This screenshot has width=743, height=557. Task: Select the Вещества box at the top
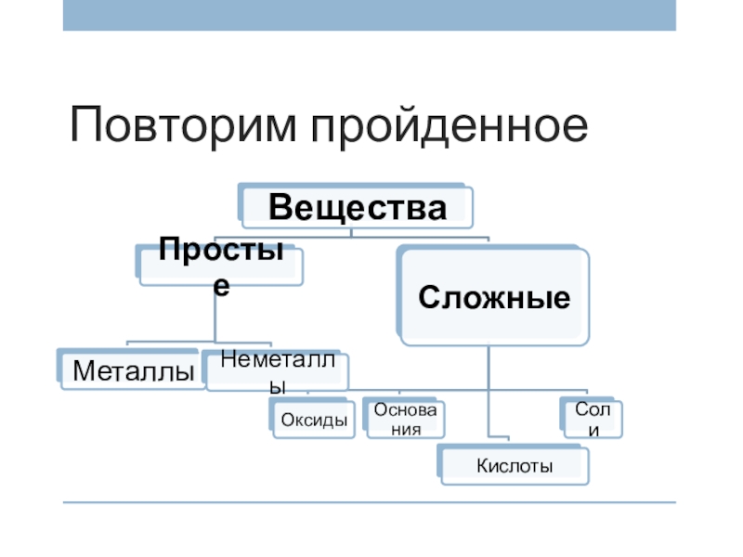point(357,207)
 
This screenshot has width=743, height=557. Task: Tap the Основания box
point(405,421)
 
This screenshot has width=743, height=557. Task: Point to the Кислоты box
point(514,465)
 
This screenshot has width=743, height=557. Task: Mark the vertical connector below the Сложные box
point(489,390)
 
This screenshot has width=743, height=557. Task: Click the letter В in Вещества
point(281,207)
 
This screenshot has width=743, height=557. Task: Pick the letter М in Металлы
point(82,372)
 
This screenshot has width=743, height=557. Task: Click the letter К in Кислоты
point(482,465)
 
